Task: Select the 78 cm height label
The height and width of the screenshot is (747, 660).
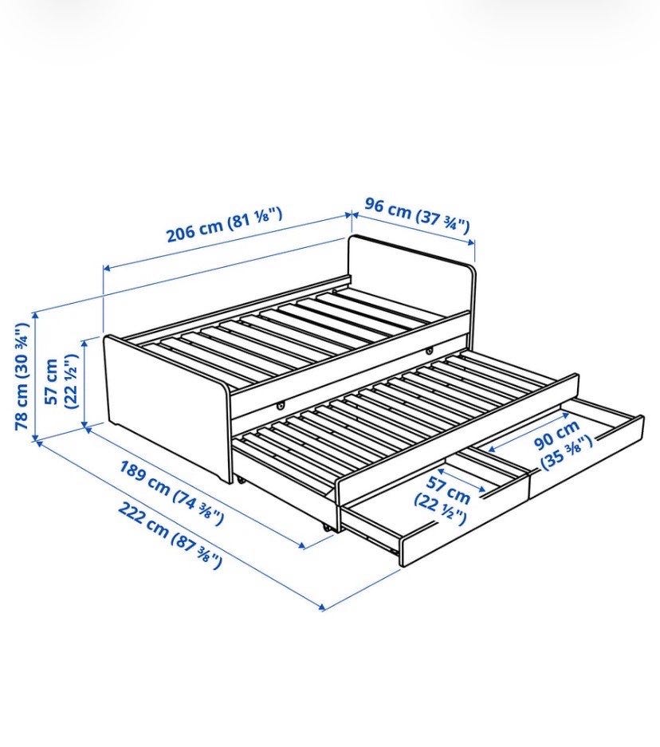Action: click(22, 377)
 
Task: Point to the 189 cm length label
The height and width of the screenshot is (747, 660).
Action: click(171, 492)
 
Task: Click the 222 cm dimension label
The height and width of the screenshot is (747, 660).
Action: click(169, 535)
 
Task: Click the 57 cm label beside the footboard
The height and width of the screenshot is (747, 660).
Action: click(61, 381)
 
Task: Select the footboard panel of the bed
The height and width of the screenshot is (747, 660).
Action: click(167, 406)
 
